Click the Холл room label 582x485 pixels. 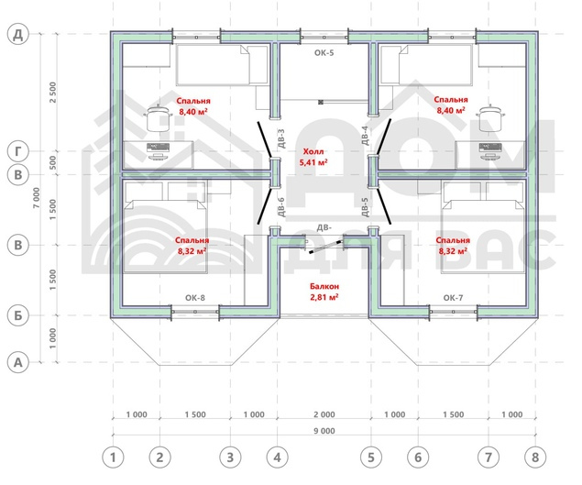[313, 151]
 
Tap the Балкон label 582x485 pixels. [324, 286]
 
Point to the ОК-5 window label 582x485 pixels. [324, 53]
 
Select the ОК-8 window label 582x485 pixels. [195, 298]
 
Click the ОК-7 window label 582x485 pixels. [453, 298]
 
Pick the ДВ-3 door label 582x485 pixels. [281, 138]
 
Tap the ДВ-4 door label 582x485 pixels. [365, 136]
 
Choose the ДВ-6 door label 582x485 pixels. [281, 207]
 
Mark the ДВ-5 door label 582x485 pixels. [365, 207]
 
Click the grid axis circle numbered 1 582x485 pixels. [113, 457]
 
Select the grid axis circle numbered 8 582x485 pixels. [535, 457]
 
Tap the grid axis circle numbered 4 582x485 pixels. [278, 457]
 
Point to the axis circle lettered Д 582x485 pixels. [17, 34]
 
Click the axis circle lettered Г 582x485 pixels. [17, 151]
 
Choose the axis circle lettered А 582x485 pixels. [17, 362]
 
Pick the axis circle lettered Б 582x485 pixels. [17, 315]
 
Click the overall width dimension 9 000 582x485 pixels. [324, 431]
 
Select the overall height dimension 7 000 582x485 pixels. [37, 197]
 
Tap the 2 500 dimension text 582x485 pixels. [53, 93]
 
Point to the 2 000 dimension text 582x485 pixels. [324, 414]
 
